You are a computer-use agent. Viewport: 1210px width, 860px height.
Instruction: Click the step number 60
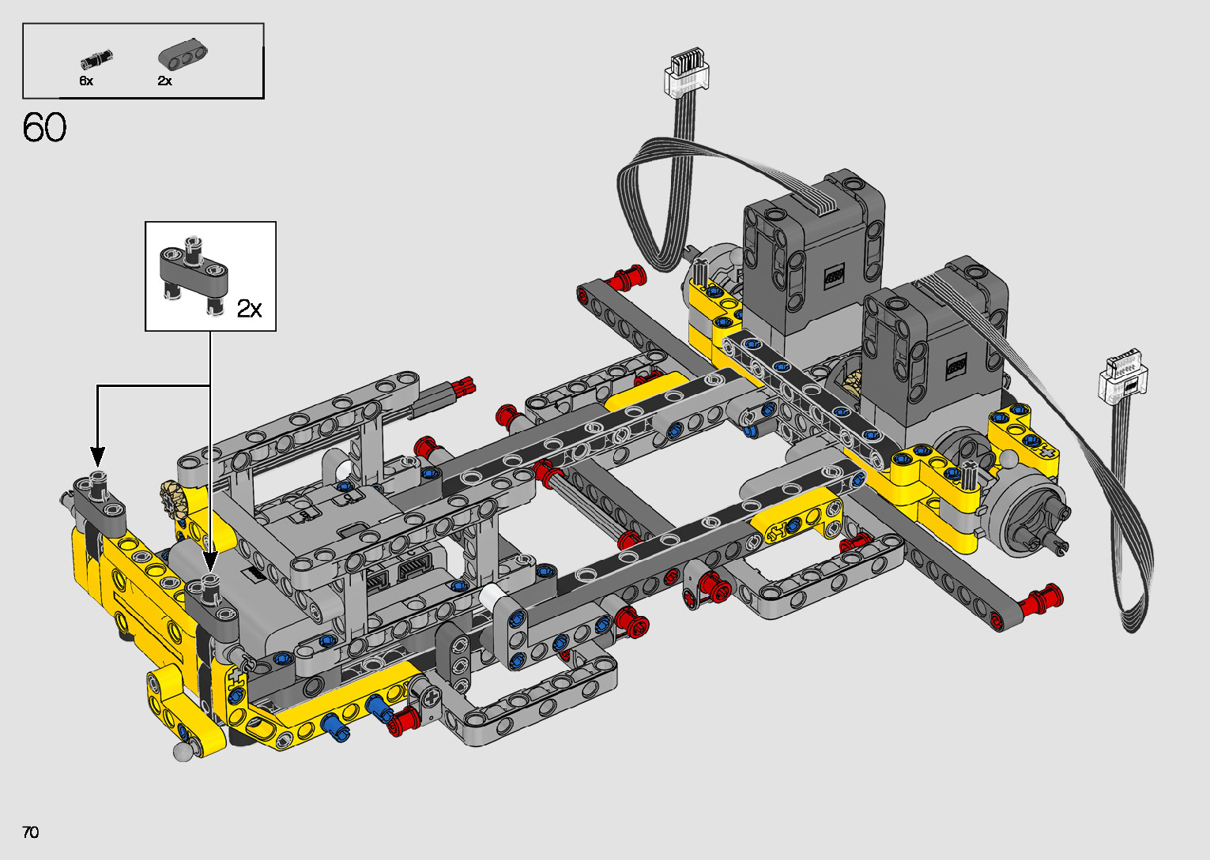pyautogui.click(x=44, y=128)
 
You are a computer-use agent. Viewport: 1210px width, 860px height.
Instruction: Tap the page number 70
pyautogui.click(x=31, y=832)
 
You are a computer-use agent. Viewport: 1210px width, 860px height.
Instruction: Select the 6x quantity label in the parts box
pyautogui.click(x=86, y=81)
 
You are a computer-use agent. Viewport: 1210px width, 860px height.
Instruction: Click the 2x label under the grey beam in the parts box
pyautogui.click(x=164, y=81)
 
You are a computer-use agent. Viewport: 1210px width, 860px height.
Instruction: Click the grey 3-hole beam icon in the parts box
pyautogui.click(x=183, y=54)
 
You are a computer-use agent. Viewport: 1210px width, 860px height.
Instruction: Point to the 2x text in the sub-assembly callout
pyautogui.click(x=249, y=308)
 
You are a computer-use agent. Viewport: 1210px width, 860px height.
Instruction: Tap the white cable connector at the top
pyautogui.click(x=686, y=70)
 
